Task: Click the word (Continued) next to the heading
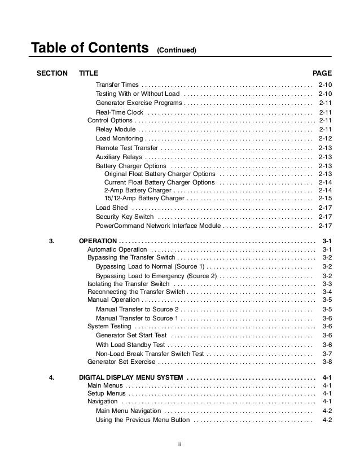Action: (177, 51)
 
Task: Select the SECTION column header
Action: (52, 73)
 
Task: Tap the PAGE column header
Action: (322, 73)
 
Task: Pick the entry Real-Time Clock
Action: (120, 112)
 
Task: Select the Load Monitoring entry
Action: (120, 138)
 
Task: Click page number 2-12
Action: (325, 138)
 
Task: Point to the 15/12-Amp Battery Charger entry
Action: (144, 198)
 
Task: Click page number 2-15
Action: (325, 198)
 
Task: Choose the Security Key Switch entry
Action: (125, 217)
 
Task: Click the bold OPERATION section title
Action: (98, 241)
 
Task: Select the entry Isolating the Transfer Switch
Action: (129, 284)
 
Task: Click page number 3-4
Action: (326, 292)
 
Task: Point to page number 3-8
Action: (326, 362)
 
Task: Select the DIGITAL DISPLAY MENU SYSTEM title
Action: (131, 377)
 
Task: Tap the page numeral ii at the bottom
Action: (179, 443)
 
